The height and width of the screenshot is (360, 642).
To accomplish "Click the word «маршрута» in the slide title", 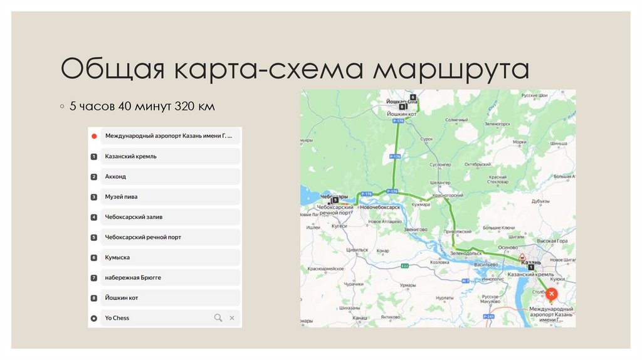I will pyautogui.click(x=451, y=70).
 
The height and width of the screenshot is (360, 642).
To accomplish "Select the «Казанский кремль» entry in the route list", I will pyautogui.click(x=131, y=156).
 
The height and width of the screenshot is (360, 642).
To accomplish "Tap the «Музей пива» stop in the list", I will pyautogui.click(x=122, y=197).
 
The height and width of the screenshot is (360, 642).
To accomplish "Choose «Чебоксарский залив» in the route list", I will pyautogui.click(x=134, y=217).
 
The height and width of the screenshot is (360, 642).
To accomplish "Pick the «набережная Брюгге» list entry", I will pyautogui.click(x=133, y=277).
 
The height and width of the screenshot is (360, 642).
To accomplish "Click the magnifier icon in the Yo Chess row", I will pyautogui.click(x=218, y=318).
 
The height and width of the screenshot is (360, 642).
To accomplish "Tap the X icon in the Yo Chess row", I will pyautogui.click(x=232, y=318).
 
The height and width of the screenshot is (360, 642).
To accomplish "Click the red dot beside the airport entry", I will pyautogui.click(x=93, y=136).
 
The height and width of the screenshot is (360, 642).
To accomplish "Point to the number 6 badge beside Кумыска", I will pyautogui.click(x=93, y=258).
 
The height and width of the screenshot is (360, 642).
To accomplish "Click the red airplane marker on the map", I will pyautogui.click(x=551, y=294).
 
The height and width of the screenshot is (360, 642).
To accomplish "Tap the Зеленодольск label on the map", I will pyautogui.click(x=465, y=253).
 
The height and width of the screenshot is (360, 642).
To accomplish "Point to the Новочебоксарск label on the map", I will pyautogui.click(x=380, y=207).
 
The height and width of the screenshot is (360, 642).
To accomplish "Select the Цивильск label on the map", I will pyautogui.click(x=357, y=250).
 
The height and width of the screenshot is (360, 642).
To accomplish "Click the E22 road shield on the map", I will pyautogui.click(x=405, y=266).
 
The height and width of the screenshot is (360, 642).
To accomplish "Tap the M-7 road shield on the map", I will pyautogui.click(x=465, y=280).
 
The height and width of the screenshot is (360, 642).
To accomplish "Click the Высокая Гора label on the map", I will pyautogui.click(x=552, y=241).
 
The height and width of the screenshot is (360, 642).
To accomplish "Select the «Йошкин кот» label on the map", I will pyautogui.click(x=402, y=114).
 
